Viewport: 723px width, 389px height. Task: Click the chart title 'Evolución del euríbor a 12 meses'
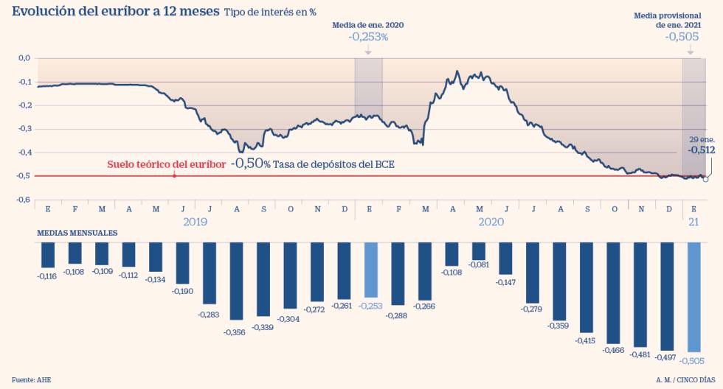click(x=116, y=11)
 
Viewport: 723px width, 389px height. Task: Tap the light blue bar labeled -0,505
click(x=693, y=298)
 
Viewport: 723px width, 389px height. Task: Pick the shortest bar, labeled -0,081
click(x=479, y=252)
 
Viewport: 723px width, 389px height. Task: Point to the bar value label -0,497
click(x=666, y=357)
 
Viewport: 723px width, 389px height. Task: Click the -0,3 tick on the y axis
click(x=24, y=129)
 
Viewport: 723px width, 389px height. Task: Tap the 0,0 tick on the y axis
click(x=24, y=57)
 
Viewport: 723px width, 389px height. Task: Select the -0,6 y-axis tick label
click(x=24, y=200)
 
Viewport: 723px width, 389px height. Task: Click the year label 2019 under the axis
click(x=196, y=221)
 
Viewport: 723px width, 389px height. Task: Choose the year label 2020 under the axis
click(x=491, y=221)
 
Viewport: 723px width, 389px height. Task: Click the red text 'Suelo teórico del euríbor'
click(x=167, y=164)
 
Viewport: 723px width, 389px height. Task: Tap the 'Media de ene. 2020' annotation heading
click(x=368, y=25)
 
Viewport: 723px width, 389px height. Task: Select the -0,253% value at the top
click(x=368, y=37)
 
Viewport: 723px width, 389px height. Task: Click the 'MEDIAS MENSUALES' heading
click(x=77, y=233)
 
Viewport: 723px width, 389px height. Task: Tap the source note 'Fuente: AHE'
click(x=32, y=379)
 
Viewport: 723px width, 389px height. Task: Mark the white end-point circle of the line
click(x=706, y=178)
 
